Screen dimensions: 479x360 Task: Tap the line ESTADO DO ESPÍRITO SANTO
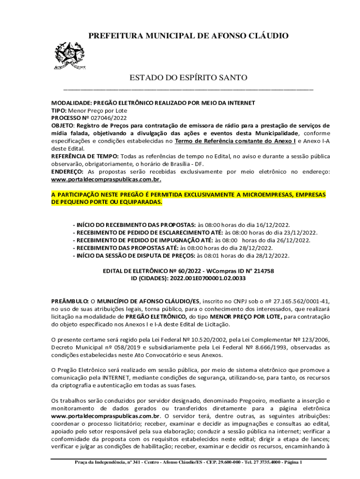click(188, 77)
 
